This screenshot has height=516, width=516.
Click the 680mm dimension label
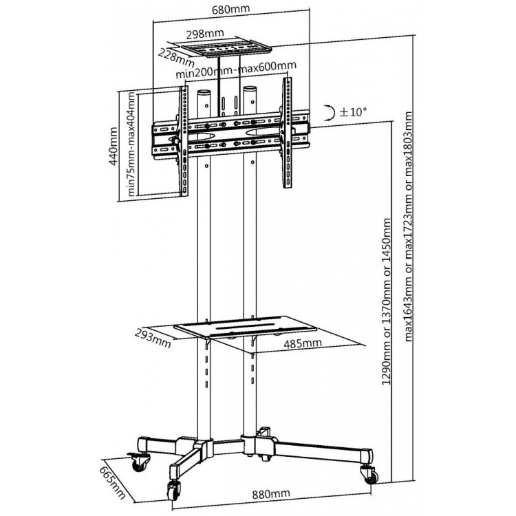tap(230, 8)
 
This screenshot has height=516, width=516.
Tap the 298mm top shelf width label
tap(205, 34)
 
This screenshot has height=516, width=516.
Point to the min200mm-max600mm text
tap(236, 70)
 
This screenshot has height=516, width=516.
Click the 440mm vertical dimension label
tap(113, 146)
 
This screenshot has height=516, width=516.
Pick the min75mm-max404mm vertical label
tap(131, 144)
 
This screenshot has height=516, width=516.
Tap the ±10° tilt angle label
tap(353, 112)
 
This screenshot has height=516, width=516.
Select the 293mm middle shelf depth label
tap(153, 338)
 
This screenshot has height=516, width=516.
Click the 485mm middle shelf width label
tap(303, 343)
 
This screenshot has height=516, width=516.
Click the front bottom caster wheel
tap(174, 491)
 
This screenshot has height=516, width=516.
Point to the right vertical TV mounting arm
tap(287, 133)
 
